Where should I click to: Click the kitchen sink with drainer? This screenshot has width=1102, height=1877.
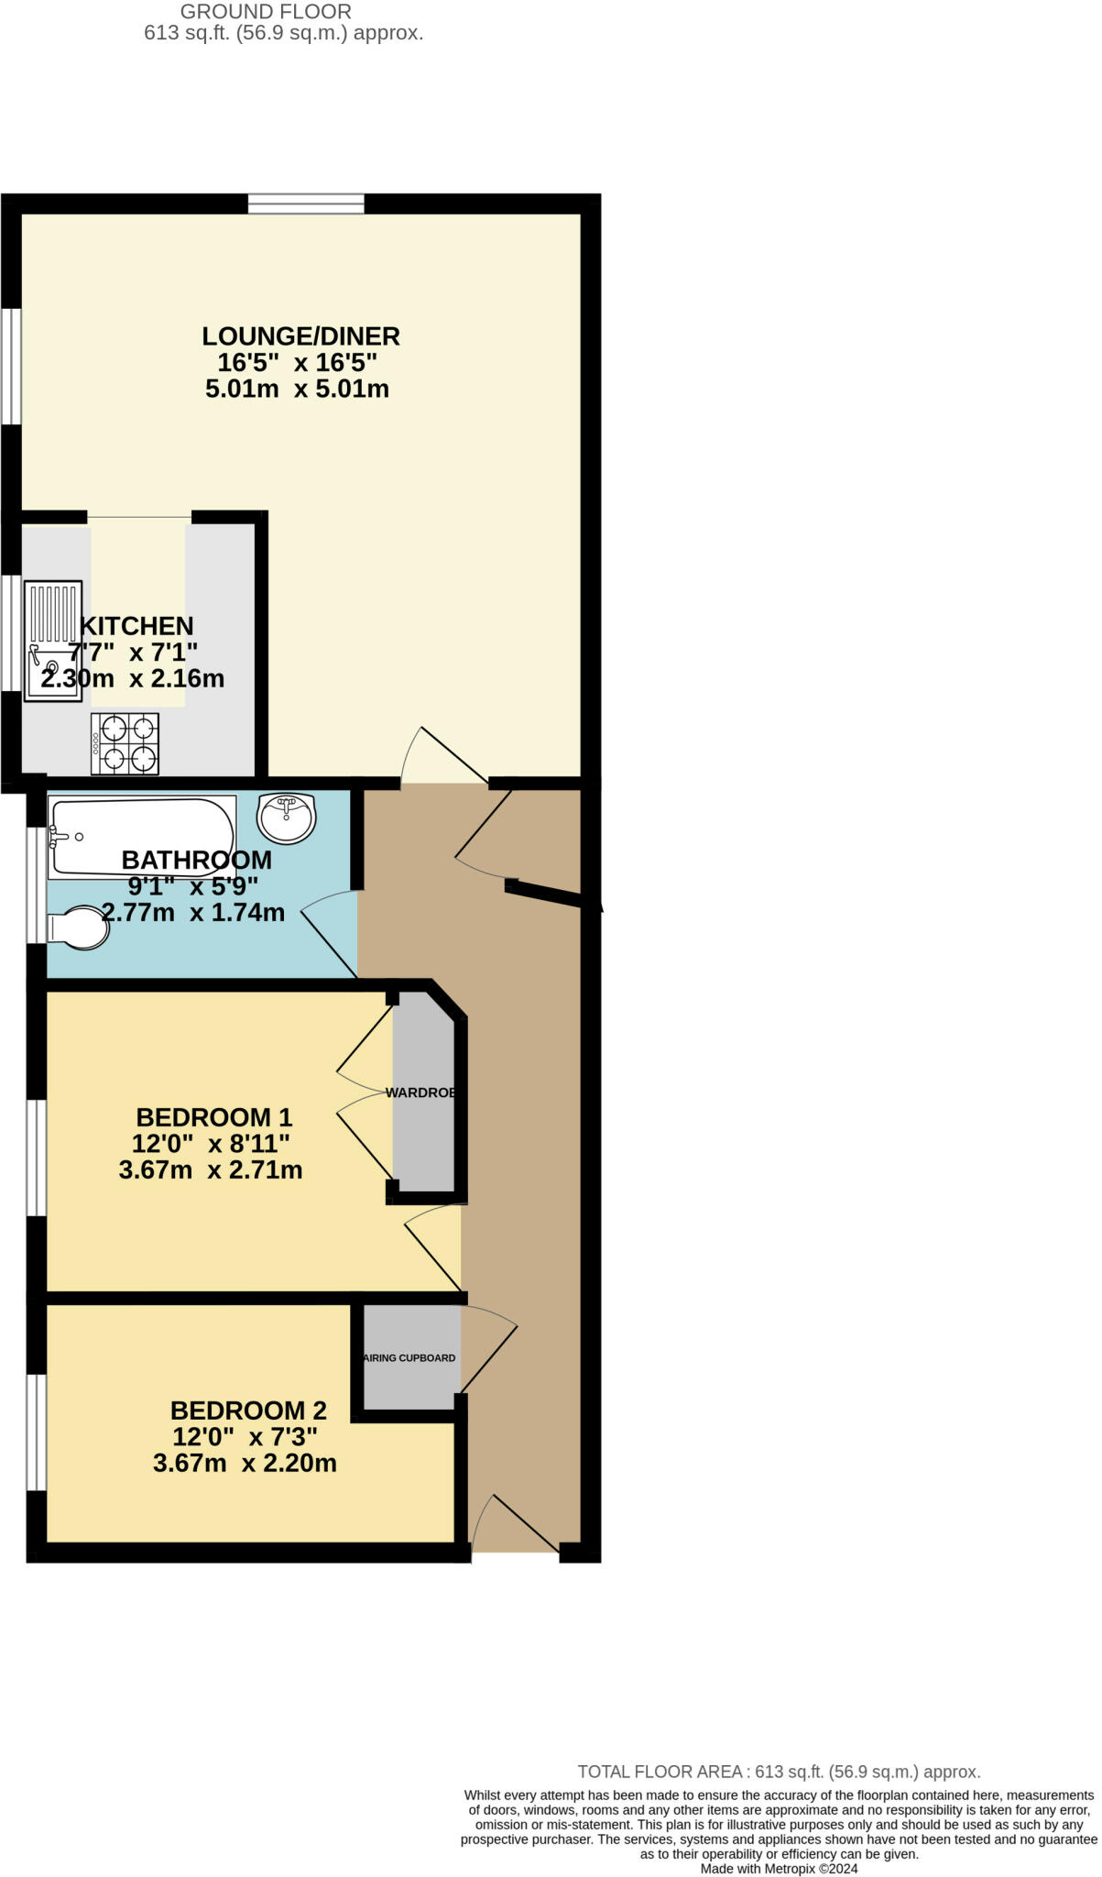(x=53, y=641)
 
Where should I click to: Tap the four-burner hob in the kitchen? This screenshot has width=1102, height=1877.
(x=125, y=743)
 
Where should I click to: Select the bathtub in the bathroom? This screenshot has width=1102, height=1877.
(x=142, y=836)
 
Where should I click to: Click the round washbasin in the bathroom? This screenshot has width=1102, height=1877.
(x=286, y=818)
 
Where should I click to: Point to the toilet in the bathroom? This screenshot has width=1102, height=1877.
(x=79, y=928)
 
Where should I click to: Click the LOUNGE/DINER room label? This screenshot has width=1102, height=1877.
(x=300, y=336)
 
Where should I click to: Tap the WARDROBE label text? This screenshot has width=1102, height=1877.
(x=420, y=1093)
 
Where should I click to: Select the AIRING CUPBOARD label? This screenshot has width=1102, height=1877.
(x=410, y=1358)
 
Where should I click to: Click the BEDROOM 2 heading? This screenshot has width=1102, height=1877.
(x=248, y=1410)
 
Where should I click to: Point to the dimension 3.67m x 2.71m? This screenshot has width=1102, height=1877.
(x=211, y=1170)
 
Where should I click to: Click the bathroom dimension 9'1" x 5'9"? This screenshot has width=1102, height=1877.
(x=193, y=886)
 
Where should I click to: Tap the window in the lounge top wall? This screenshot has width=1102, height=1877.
(x=306, y=203)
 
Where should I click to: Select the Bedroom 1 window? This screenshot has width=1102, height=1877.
(x=36, y=1158)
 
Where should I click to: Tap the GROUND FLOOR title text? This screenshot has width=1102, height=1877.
(x=266, y=12)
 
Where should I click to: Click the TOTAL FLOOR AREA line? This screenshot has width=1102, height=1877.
(x=779, y=1773)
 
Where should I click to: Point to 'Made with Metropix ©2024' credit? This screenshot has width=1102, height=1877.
(x=779, y=1869)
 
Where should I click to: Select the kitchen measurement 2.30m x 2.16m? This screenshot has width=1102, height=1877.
(x=133, y=679)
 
